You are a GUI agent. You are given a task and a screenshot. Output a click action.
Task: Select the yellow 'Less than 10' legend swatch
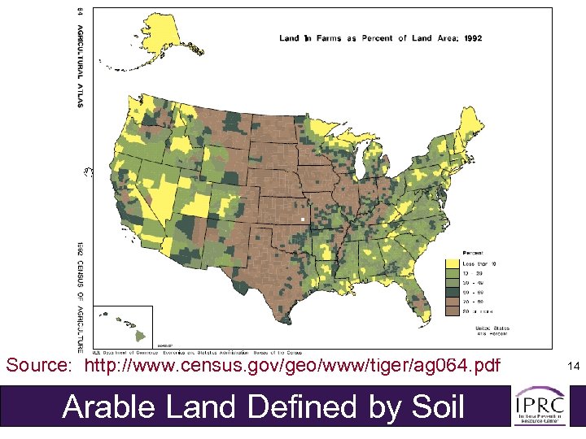click(x=450, y=263)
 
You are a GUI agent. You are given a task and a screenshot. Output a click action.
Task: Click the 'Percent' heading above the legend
click(x=473, y=254)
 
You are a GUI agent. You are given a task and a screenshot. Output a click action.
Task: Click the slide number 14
click(x=573, y=367)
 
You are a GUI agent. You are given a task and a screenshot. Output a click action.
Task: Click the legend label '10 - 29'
click(x=473, y=272)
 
